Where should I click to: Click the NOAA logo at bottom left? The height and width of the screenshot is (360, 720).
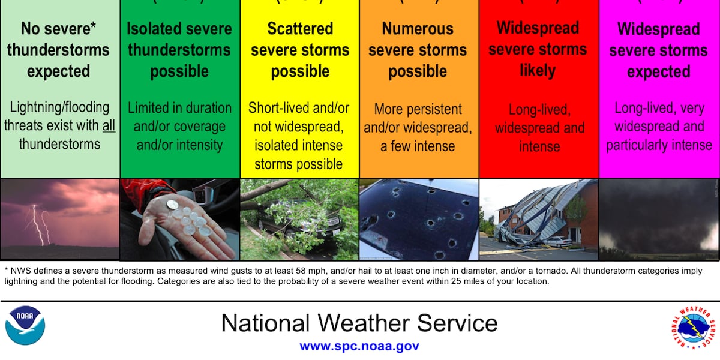(x=25, y=325)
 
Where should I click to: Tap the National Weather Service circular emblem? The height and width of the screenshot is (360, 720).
(x=693, y=328)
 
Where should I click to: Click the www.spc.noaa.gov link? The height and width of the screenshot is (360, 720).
(x=359, y=347)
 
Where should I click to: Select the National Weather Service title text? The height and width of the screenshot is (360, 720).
(x=359, y=323)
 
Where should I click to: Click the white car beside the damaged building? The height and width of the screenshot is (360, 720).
(x=559, y=241)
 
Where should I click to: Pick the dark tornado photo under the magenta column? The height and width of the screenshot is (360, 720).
(x=659, y=220)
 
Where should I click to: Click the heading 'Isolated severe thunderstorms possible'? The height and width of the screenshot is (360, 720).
(x=179, y=50)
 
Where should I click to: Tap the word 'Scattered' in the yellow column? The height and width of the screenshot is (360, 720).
(x=299, y=29)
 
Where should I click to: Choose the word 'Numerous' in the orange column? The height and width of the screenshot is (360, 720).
(x=418, y=29)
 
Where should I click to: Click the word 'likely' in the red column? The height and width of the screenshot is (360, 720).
(x=538, y=70)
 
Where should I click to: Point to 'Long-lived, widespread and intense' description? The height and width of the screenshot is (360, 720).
(x=538, y=128)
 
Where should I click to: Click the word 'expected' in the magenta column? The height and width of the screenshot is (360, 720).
(x=659, y=72)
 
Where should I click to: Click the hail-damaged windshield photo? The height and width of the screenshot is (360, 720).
(x=419, y=220)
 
